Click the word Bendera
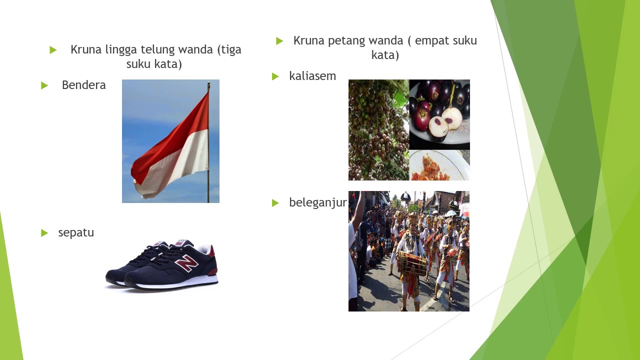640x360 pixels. click(83, 85)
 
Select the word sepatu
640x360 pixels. click(76, 232)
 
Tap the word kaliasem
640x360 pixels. click(312, 76)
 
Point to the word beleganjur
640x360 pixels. click(317, 202)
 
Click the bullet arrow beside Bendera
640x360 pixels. click(44, 85)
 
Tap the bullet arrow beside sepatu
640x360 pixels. click(44, 233)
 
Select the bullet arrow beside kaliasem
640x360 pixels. click(275, 76)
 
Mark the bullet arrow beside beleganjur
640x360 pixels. click(275, 203)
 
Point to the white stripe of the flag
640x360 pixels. click(175, 170)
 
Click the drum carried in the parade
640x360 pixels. click(412, 263)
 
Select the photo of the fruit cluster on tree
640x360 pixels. click(378, 130)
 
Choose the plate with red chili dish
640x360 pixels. click(439, 166)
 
